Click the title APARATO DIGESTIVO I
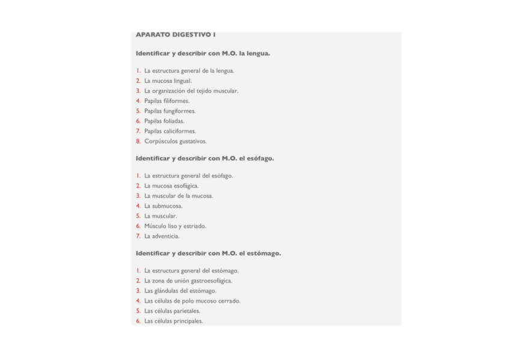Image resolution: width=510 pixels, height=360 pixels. [176, 35]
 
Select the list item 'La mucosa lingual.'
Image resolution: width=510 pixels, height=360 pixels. [168, 81]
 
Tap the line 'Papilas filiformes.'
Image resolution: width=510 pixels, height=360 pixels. [167, 101]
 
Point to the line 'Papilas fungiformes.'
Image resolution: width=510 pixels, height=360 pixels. [170, 111]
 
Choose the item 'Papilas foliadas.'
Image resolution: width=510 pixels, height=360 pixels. [164, 121]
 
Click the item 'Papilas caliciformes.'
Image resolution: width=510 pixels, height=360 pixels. [170, 131]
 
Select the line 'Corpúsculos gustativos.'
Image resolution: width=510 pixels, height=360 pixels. [175, 141]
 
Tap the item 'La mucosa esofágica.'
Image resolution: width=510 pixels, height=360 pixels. [171, 186]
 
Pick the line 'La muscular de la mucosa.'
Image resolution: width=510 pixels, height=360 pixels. [179, 196]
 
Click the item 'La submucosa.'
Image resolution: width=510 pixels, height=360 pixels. [163, 206]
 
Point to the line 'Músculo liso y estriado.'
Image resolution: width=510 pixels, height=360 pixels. [175, 226]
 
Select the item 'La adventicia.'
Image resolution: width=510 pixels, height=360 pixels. [162, 236]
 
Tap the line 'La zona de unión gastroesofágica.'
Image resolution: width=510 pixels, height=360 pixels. [188, 281]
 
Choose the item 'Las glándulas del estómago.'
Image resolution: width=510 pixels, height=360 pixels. [180, 291]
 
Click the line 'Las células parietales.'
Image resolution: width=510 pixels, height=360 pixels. [172, 311]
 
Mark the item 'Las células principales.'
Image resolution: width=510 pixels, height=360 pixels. [173, 321]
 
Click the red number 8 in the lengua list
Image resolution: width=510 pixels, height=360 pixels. [138, 141]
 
